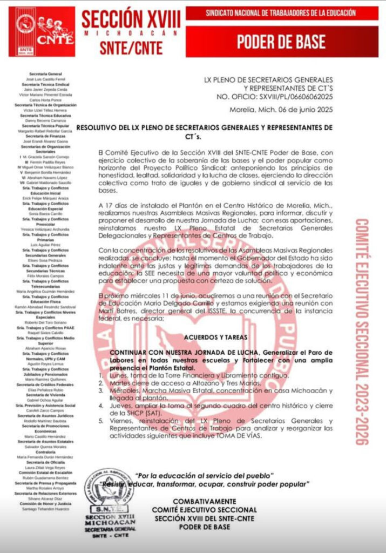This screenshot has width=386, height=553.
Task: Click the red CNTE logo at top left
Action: (x=37, y=32)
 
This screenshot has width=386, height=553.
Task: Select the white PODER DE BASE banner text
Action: (x=282, y=41)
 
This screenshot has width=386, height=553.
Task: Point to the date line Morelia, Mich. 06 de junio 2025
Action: (x=277, y=110)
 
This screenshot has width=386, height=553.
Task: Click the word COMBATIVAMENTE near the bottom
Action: (x=204, y=502)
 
